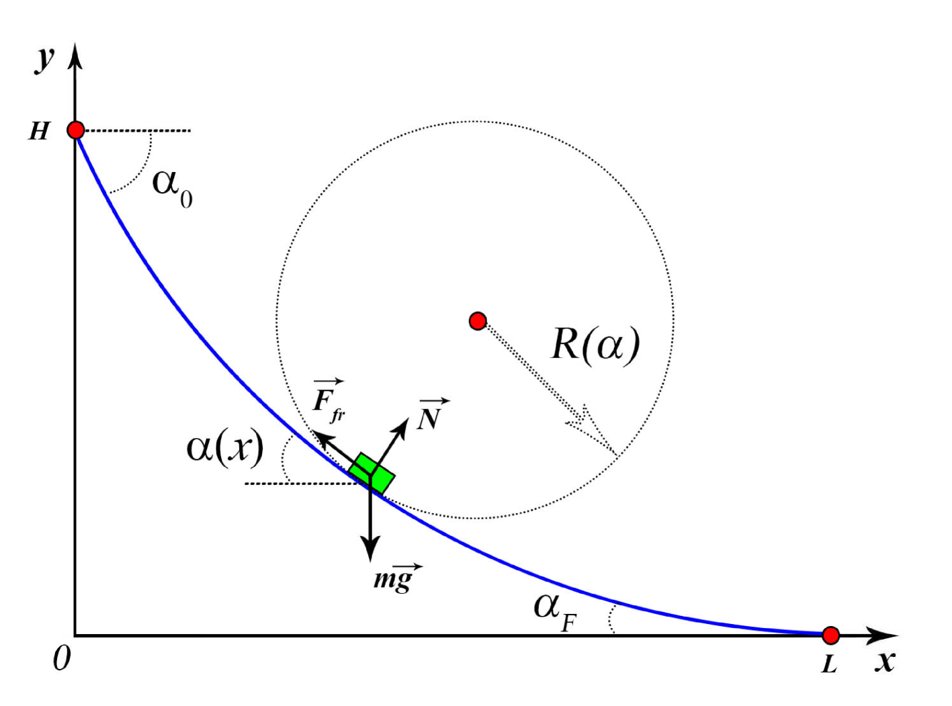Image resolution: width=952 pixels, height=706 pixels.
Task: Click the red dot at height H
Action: pyautogui.click(x=76, y=130)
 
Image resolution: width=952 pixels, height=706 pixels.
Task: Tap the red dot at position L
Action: pyautogui.click(x=831, y=635)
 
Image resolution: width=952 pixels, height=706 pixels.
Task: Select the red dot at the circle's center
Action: pyautogui.click(x=478, y=321)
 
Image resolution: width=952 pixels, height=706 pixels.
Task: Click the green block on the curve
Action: pyautogui.click(x=372, y=474)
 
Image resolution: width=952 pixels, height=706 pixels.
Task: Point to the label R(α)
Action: pyautogui.click(x=595, y=345)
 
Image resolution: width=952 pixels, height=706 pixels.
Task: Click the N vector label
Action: pyautogui.click(x=430, y=416)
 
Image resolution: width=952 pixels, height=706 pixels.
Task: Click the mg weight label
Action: pyautogui.click(x=396, y=578)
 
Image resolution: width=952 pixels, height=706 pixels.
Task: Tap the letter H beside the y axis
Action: pyautogui.click(x=39, y=131)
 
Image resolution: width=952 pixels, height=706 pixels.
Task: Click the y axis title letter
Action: pyautogui.click(x=44, y=58)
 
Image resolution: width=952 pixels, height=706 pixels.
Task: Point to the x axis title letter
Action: pyautogui.click(x=885, y=662)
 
